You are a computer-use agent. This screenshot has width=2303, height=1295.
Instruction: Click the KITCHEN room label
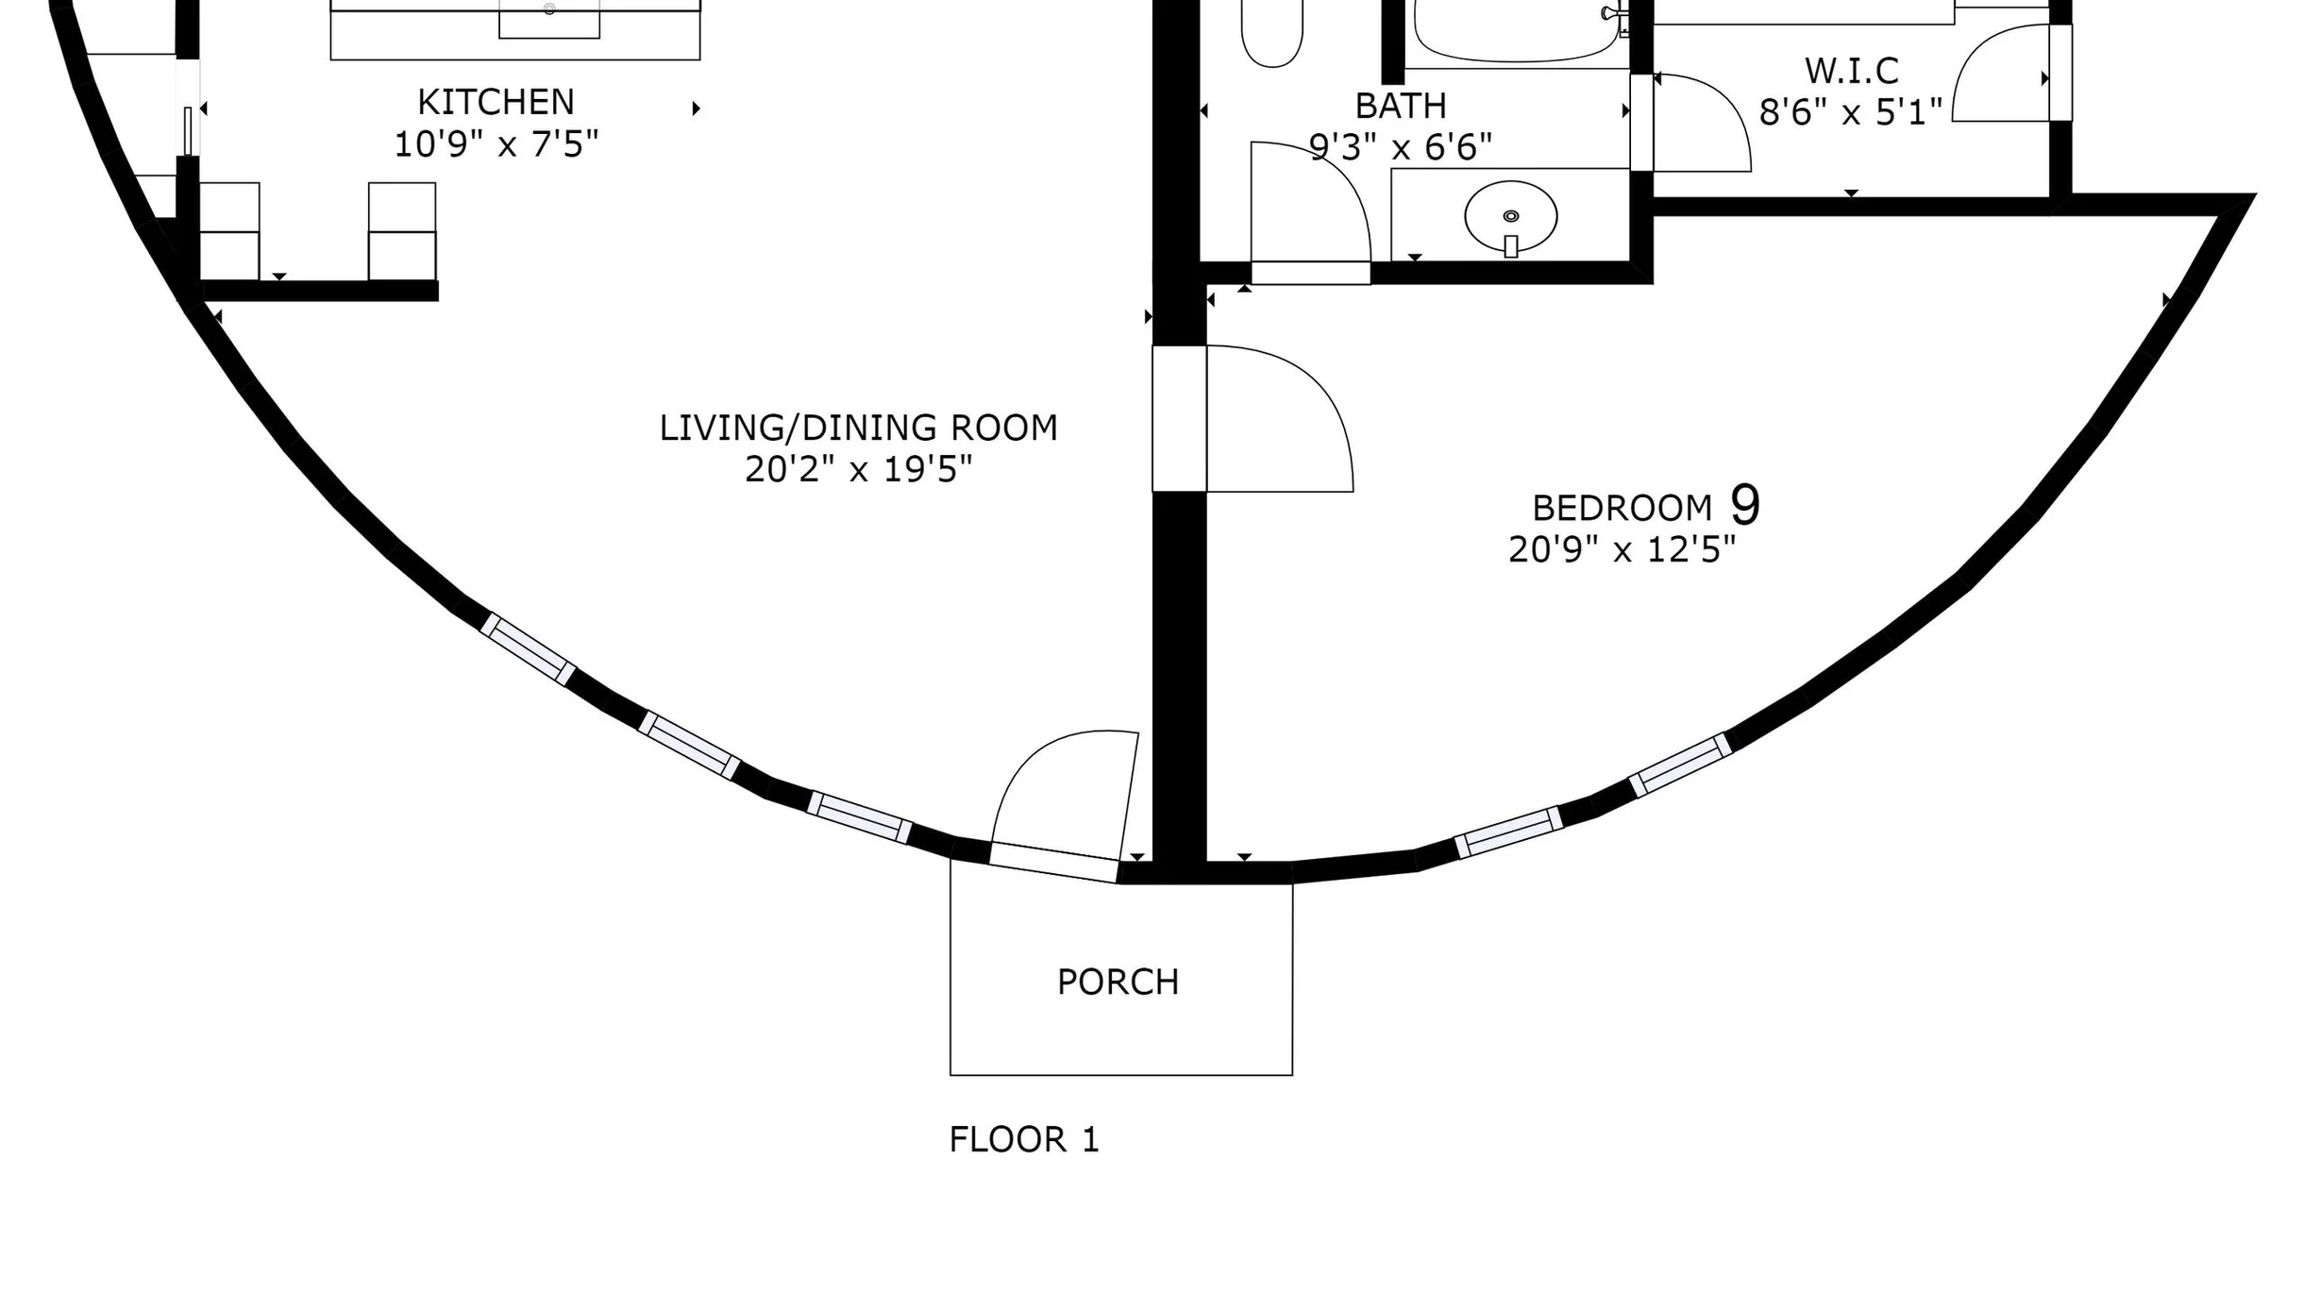pos(496,102)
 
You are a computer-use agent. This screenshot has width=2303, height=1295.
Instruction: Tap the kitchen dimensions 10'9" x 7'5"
pos(496,144)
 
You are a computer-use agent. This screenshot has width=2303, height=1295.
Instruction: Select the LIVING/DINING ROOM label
pos(858,429)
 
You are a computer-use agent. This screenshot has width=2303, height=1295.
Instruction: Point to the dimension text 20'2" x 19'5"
pos(858,469)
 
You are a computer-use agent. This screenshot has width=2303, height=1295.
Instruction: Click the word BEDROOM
pos(1622,509)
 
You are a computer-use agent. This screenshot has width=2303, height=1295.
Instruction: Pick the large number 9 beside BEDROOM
pos(1745,505)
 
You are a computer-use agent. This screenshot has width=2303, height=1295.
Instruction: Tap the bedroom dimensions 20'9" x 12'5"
pos(1622,549)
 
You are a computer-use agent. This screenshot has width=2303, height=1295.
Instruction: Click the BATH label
pos(1401,107)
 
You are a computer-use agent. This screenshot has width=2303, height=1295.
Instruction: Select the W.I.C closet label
pos(1851,71)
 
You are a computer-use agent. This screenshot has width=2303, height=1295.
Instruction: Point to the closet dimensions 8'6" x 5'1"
pos(1851,112)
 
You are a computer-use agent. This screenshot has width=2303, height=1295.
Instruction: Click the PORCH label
pos(1118,983)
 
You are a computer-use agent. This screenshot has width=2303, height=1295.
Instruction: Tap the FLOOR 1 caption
pos(1024,1140)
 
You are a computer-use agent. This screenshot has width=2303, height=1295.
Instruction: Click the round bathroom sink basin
pos(1511,216)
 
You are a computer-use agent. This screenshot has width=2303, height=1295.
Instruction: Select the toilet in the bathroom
pos(1272,32)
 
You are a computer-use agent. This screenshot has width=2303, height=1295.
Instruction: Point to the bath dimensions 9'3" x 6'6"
pos(1401,147)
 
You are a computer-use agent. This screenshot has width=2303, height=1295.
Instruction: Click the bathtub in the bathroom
pos(1518,32)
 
